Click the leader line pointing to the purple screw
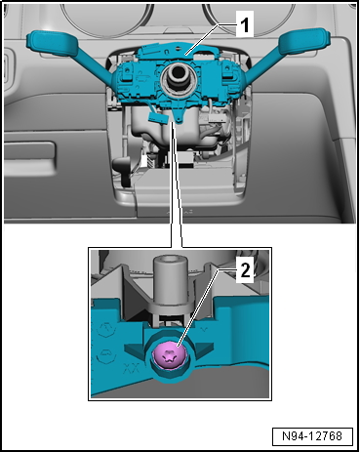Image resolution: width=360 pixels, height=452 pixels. click(x=201, y=312)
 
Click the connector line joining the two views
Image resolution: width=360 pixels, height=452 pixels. click(x=175, y=195)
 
